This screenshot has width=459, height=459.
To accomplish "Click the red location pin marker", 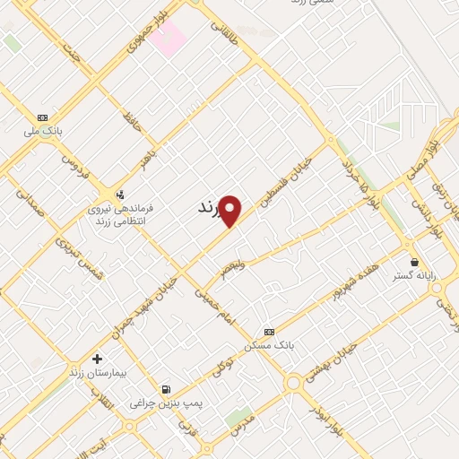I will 231,212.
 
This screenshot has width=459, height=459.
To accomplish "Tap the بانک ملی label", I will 43,132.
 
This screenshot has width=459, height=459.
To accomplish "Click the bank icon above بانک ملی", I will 42,117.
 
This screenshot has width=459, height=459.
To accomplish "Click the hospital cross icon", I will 97,359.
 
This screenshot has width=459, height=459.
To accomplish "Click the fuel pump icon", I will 166,389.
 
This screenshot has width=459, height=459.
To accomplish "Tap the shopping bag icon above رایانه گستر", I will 414,262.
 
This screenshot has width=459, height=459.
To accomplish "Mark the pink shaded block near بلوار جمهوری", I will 168,37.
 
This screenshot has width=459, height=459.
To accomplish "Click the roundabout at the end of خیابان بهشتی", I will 293,383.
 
